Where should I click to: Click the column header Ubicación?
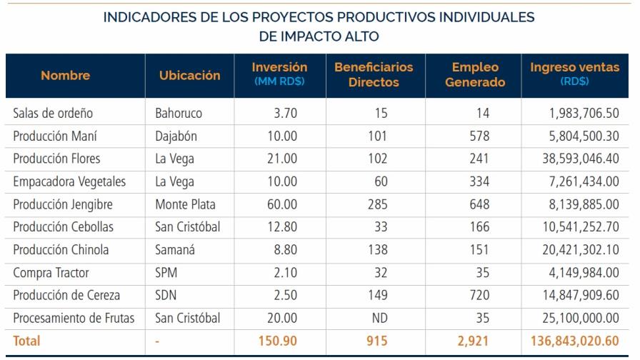[x=189, y=76]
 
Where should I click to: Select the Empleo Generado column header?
[x=475, y=75]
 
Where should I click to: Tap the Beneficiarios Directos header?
[x=373, y=75]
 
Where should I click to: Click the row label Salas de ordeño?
[x=54, y=114]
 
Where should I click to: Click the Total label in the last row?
[x=27, y=341]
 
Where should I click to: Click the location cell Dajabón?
[x=176, y=136]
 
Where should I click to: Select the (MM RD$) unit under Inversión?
[x=279, y=82]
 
